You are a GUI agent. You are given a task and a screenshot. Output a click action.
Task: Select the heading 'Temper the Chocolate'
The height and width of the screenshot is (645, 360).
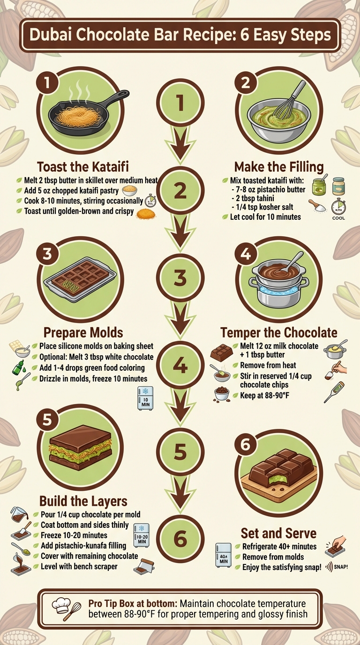[278, 333]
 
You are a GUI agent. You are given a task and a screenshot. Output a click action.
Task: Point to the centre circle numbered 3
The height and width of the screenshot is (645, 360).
[180, 278]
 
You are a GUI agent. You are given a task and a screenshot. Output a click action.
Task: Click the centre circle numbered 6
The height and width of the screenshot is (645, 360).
[180, 539]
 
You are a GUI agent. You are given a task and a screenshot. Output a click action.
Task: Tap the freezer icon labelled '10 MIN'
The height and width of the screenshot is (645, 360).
[145, 398]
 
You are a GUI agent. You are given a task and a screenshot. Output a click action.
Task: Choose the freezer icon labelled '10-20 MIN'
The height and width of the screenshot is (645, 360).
[141, 535]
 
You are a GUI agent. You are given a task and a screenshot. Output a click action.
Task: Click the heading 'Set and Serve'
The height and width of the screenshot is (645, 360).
[278, 533]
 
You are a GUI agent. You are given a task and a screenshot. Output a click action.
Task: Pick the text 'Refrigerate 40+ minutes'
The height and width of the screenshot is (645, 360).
[279, 547]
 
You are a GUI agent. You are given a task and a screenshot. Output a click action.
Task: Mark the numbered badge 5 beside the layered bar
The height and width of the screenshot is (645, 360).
[46, 420]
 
